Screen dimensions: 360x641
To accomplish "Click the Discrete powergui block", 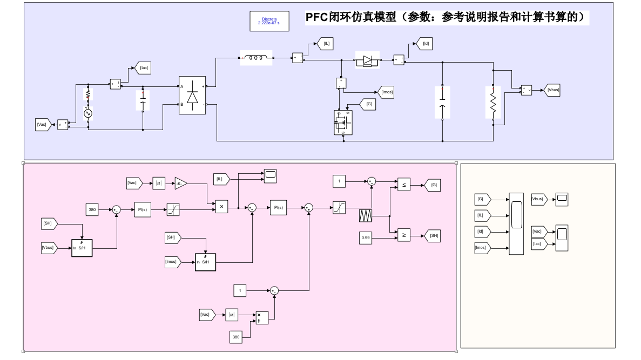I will pyautogui.click(x=269, y=21).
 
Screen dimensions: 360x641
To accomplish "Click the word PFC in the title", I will pyautogui.click(x=316, y=18).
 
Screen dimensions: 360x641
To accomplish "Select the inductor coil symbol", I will pyautogui.click(x=256, y=58).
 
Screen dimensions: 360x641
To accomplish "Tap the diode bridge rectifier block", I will pyautogui.click(x=192, y=95).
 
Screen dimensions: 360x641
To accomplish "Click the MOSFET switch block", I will pyautogui.click(x=343, y=123).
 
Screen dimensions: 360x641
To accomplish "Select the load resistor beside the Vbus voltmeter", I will pyautogui.click(x=492, y=101).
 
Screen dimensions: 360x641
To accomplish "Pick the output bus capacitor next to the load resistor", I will pyautogui.click(x=442, y=102).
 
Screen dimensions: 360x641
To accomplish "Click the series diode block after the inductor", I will pyautogui.click(x=367, y=60).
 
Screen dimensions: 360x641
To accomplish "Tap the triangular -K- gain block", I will pyautogui.click(x=180, y=184).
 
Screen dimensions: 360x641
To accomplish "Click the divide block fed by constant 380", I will pyautogui.click(x=262, y=317).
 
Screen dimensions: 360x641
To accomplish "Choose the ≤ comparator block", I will pyautogui.click(x=403, y=185).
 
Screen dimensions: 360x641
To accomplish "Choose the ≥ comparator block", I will pyautogui.click(x=403, y=235).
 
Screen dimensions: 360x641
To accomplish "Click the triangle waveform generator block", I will pyautogui.click(x=366, y=216).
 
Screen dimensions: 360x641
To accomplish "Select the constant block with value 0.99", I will pyautogui.click(x=366, y=237).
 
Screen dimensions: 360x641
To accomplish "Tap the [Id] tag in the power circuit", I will pyautogui.click(x=424, y=44).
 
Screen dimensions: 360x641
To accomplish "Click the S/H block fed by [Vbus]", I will pyautogui.click(x=82, y=248).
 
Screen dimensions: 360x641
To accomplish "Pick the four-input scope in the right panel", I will pyautogui.click(x=516, y=223).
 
